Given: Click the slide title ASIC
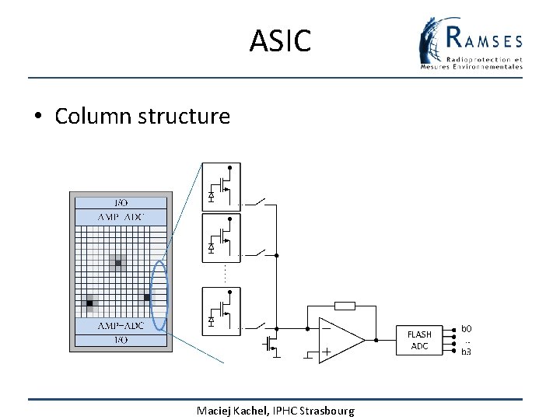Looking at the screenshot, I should pos(280,40).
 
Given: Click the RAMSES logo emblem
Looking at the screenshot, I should pos(433,44).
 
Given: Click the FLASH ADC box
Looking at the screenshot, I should pos(419,340).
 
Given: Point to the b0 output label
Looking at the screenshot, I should pos(467,329).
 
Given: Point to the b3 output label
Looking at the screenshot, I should pos(467,352).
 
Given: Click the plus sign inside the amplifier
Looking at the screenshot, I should pos(326,352).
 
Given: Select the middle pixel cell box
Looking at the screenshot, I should pos(221,238).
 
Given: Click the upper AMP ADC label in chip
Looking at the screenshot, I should pos(121,217).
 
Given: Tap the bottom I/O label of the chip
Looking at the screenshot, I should pos(121,340).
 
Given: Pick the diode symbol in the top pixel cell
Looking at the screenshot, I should pos(211,194).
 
